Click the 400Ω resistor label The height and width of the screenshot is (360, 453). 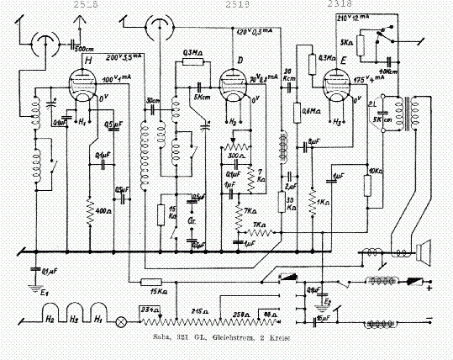pyautogui.click(x=103, y=209)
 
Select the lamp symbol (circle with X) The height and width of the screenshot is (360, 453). pyautogui.click(x=120, y=320)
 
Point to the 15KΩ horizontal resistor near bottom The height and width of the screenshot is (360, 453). pyautogui.click(x=150, y=282)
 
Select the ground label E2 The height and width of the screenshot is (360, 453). pyautogui.click(x=328, y=299)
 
